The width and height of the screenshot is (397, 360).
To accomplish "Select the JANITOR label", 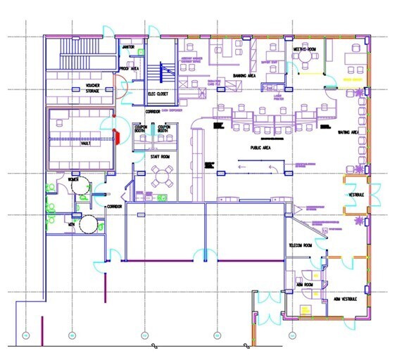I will [x=128, y=47].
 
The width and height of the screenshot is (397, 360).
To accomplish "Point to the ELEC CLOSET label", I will [x=156, y=94].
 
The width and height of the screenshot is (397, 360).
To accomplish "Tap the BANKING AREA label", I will [x=243, y=74].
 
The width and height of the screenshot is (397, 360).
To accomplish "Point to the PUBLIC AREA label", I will [x=261, y=148].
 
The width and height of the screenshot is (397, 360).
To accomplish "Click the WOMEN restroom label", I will [x=73, y=179].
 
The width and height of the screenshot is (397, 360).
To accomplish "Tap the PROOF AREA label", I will [x=128, y=68].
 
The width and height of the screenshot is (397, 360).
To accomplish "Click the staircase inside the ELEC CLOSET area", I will [x=167, y=73].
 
